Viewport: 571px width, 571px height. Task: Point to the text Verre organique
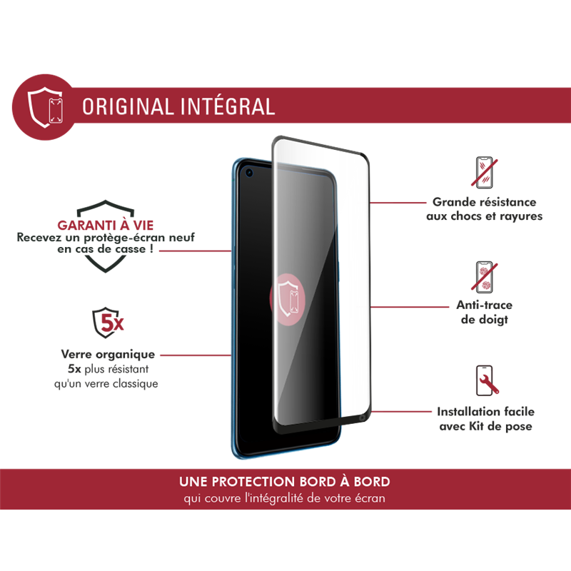click(x=108, y=355)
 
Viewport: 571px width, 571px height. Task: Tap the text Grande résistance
click(x=485, y=203)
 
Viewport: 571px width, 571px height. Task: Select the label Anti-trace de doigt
click(x=485, y=313)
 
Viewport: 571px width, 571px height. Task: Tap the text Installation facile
click(x=485, y=412)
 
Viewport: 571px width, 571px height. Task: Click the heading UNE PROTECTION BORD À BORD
click(x=285, y=482)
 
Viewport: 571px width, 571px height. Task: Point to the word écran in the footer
click(x=369, y=498)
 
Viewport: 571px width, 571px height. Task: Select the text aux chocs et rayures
click(x=485, y=216)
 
